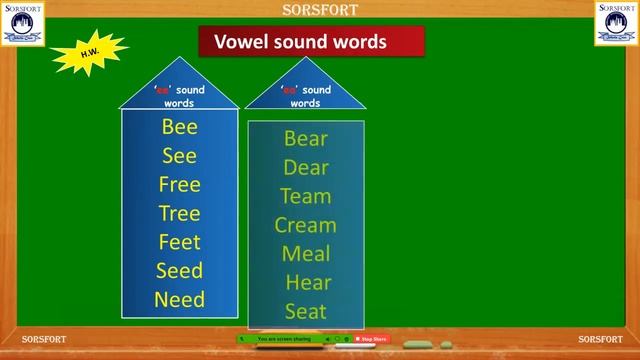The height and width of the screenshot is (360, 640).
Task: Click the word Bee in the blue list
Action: [180, 127]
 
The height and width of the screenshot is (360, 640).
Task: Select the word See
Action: [180, 156]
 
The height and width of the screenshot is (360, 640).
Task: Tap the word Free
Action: [180, 185]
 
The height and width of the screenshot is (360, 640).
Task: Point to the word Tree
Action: [180, 213]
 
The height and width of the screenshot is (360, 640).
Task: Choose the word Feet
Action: [180, 242]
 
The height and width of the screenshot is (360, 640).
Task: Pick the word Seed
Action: [180, 271]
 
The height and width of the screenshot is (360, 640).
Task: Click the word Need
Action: [180, 299]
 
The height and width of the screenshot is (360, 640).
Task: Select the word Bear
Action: [306, 139]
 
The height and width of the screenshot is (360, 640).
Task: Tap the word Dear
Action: [306, 168]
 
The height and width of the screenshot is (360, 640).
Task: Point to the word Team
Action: [306, 196]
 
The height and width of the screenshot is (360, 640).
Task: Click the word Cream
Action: [306, 225]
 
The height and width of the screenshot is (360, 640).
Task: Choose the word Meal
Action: [306, 254]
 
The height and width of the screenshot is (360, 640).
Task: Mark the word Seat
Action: [306, 311]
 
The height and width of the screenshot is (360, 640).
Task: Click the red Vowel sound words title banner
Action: [311, 42]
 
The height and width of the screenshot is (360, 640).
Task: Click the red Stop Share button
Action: [373, 340]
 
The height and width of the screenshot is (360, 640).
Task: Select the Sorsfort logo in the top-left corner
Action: [22, 22]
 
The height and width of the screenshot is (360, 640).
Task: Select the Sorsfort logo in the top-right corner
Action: [617, 22]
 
